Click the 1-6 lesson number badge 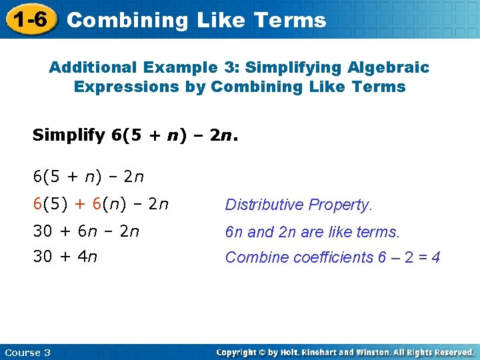(29, 19)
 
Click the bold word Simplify (69, 136)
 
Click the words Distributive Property (298, 205)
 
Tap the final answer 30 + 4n (65, 257)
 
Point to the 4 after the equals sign (436, 257)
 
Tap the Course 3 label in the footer (27, 352)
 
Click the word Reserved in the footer (450, 352)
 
